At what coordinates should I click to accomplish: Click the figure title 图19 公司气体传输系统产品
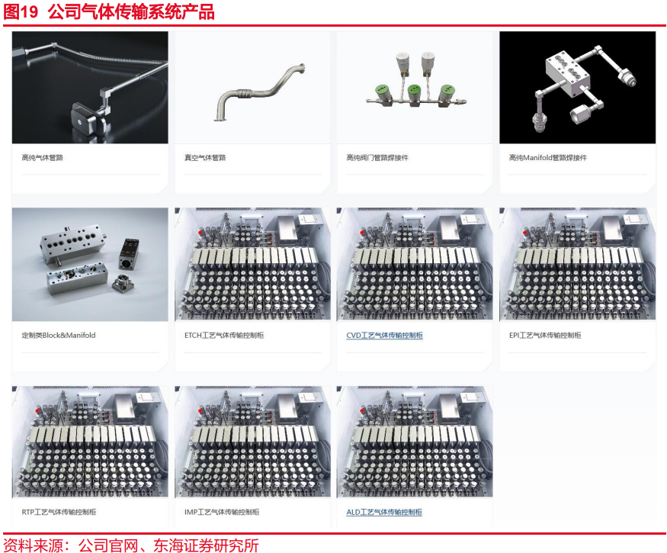click(x=109, y=11)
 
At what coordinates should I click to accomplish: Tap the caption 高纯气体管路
click(x=42, y=158)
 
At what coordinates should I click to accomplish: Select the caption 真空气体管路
click(x=205, y=158)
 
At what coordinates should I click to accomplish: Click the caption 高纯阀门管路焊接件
click(x=377, y=158)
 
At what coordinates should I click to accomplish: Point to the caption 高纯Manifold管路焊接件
click(x=548, y=158)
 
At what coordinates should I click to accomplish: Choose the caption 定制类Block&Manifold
click(x=59, y=335)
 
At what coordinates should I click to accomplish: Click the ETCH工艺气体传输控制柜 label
click(x=224, y=335)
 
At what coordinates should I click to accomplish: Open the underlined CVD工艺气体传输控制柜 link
click(x=384, y=336)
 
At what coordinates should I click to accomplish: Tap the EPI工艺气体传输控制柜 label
click(x=545, y=335)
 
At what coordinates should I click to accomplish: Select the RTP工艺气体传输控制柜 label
click(x=59, y=512)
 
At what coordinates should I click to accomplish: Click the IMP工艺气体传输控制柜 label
click(x=222, y=512)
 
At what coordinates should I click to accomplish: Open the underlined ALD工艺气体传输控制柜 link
click(x=384, y=512)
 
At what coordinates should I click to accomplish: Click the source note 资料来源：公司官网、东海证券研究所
click(x=131, y=545)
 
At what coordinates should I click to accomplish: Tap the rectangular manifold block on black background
click(x=569, y=74)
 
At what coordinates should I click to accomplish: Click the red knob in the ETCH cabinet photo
click(x=200, y=233)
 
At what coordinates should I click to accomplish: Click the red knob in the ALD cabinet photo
click(x=362, y=410)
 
